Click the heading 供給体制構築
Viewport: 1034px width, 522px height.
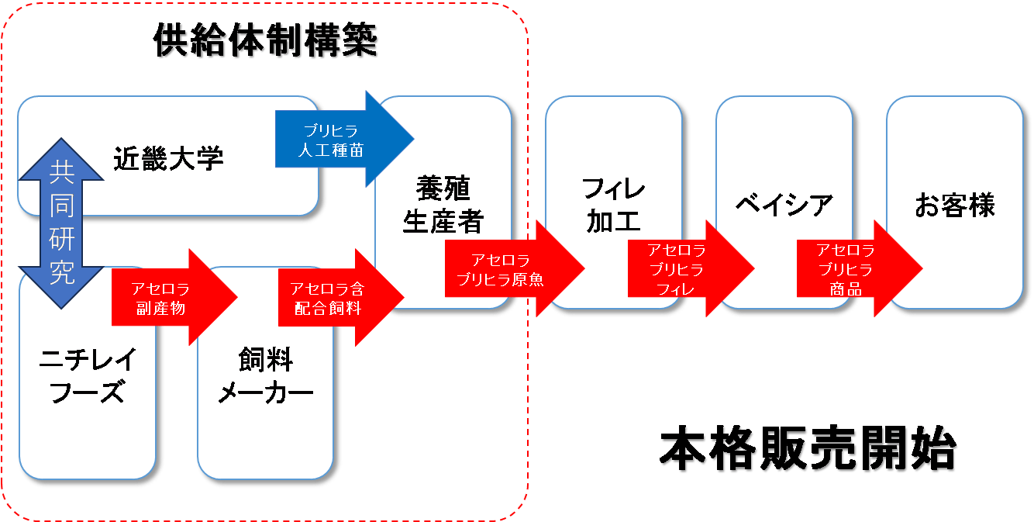tap(267, 43)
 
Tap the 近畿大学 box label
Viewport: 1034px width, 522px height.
tap(168, 158)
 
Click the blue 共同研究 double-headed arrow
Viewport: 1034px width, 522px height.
tap(62, 225)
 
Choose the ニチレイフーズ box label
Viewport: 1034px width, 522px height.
tap(88, 375)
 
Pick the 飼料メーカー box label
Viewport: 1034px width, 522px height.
tap(265, 375)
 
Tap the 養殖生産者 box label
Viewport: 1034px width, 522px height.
tap(443, 206)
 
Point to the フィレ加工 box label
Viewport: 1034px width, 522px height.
tap(613, 206)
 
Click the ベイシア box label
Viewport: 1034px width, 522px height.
tap(784, 206)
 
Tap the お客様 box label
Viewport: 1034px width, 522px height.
tap(954, 206)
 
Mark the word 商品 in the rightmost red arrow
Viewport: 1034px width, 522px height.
tap(845, 289)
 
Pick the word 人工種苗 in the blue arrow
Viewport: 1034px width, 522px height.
tap(331, 150)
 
